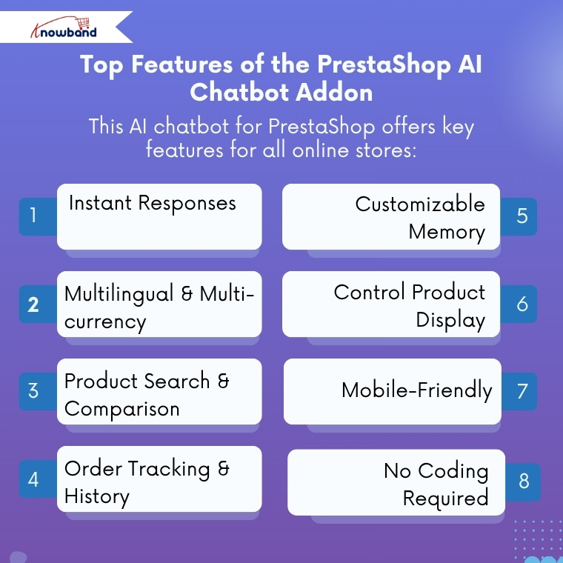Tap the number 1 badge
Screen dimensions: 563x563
coord(33,216)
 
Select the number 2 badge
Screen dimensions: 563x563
coord(33,304)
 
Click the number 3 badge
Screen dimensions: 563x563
coord(33,391)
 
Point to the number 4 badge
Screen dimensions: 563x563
coord(33,479)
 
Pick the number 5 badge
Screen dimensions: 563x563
coord(522,216)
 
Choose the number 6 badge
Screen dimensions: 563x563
coord(522,304)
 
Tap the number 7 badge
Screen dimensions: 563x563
coord(522,391)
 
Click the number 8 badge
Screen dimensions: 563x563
coord(524,482)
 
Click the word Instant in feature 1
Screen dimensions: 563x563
coord(100,203)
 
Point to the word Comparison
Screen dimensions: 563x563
coord(121,409)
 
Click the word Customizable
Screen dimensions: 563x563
coord(420,204)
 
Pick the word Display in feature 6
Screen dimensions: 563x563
coord(450,320)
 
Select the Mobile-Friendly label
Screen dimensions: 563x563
coord(416,390)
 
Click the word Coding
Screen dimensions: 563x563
coord(453,470)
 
